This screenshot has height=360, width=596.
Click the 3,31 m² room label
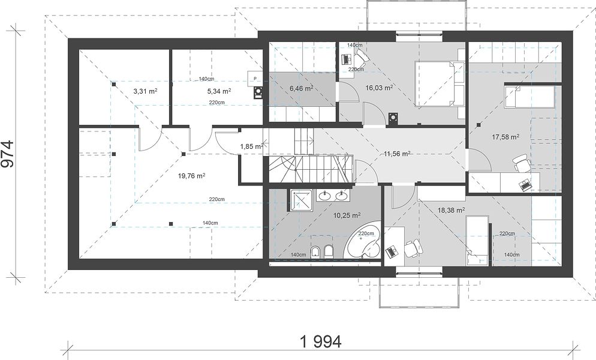pos(146,91)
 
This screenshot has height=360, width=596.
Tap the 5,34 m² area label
pos(219,91)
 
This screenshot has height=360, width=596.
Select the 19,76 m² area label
pos(192,176)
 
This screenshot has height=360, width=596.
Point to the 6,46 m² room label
pos(302,88)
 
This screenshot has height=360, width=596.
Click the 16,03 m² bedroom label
pos(379,88)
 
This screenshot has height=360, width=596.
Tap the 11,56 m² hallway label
pos(397,154)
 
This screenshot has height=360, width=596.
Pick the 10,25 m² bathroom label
pos(347,215)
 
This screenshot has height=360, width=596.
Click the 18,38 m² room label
pos(451,210)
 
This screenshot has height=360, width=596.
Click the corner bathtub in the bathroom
pos(363,243)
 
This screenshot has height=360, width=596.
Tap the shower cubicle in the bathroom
pos(302,200)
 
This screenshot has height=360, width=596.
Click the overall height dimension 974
pos(8,154)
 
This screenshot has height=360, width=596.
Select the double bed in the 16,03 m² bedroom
pos(440,84)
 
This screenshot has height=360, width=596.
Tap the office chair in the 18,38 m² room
pos(413,248)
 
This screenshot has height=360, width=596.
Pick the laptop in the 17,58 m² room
pos(525,185)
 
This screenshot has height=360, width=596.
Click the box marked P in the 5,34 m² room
pos(255,79)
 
